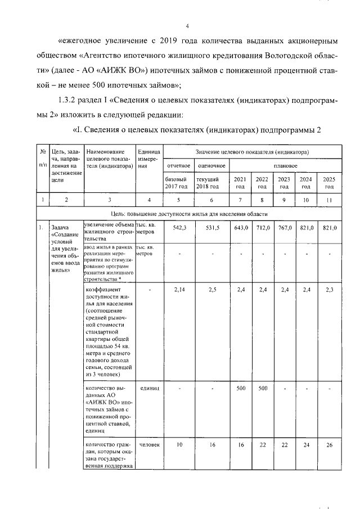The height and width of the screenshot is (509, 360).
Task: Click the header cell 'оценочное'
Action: tap(211, 166)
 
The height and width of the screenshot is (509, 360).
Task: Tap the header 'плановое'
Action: tap(285, 166)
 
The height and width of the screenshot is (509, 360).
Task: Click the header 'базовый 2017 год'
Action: tap(177, 182)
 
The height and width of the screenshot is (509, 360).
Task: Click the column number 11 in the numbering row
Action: tap(330, 199)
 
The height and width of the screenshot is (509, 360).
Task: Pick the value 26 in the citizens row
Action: tap(330, 445)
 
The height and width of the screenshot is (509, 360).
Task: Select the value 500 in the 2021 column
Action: tap(241, 388)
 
